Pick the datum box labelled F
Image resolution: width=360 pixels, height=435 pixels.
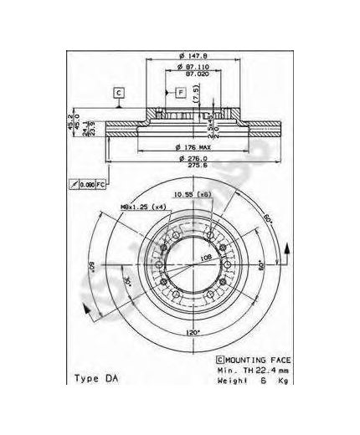[x=180, y=90]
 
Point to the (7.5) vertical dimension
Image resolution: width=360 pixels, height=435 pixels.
[x=198, y=101]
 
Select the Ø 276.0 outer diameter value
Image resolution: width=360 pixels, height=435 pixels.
[x=191, y=160]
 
